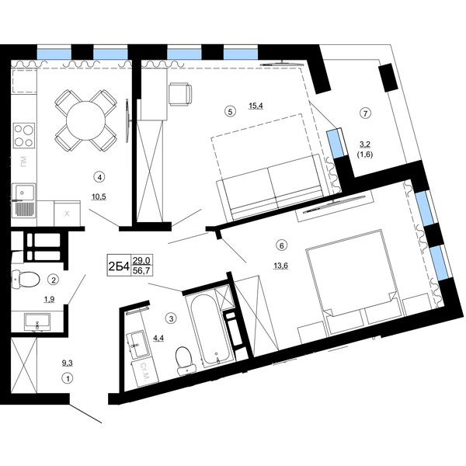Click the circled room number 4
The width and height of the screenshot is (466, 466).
[x=99, y=177]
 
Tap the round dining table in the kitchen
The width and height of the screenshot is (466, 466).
[x=86, y=121]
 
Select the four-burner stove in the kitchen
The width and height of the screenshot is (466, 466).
[x=24, y=135]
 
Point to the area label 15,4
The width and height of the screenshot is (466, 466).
[x=256, y=106]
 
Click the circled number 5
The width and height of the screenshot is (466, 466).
[x=230, y=111]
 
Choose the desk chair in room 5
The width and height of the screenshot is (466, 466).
[x=180, y=94]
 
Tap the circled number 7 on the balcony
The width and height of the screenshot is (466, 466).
[x=365, y=113]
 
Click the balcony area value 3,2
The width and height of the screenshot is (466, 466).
[x=365, y=144]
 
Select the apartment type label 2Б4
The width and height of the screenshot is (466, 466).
[x=119, y=266]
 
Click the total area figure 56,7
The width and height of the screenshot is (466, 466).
[x=141, y=271]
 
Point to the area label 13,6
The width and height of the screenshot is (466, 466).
[x=281, y=266]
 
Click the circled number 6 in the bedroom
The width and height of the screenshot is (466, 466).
[x=281, y=245]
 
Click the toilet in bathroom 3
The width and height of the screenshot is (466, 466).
[x=186, y=360]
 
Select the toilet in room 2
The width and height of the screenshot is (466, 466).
[x=26, y=280]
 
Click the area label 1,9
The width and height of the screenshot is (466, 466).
[x=50, y=300]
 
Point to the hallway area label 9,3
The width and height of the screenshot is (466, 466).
[x=67, y=363]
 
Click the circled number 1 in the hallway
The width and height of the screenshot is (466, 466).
[x=68, y=379]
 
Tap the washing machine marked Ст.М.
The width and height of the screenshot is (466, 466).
[x=145, y=371]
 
